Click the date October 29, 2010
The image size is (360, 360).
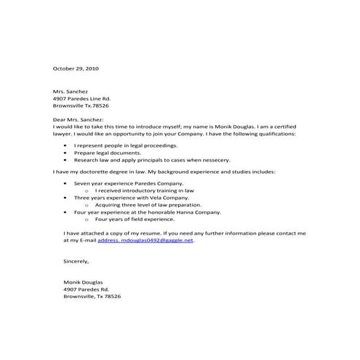pyautogui.click(x=76, y=68)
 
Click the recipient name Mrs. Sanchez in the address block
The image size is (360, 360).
pyautogui.click(x=71, y=91)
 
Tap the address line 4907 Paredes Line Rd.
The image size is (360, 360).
pyautogui.click(x=82, y=98)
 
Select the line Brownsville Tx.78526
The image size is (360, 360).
pyautogui.click(x=81, y=105)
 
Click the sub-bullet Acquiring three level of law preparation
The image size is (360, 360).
pyautogui.click(x=145, y=204)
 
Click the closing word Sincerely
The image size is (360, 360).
pyautogui.click(x=76, y=260)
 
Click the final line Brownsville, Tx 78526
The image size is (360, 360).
pyautogui.click(x=92, y=297)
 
